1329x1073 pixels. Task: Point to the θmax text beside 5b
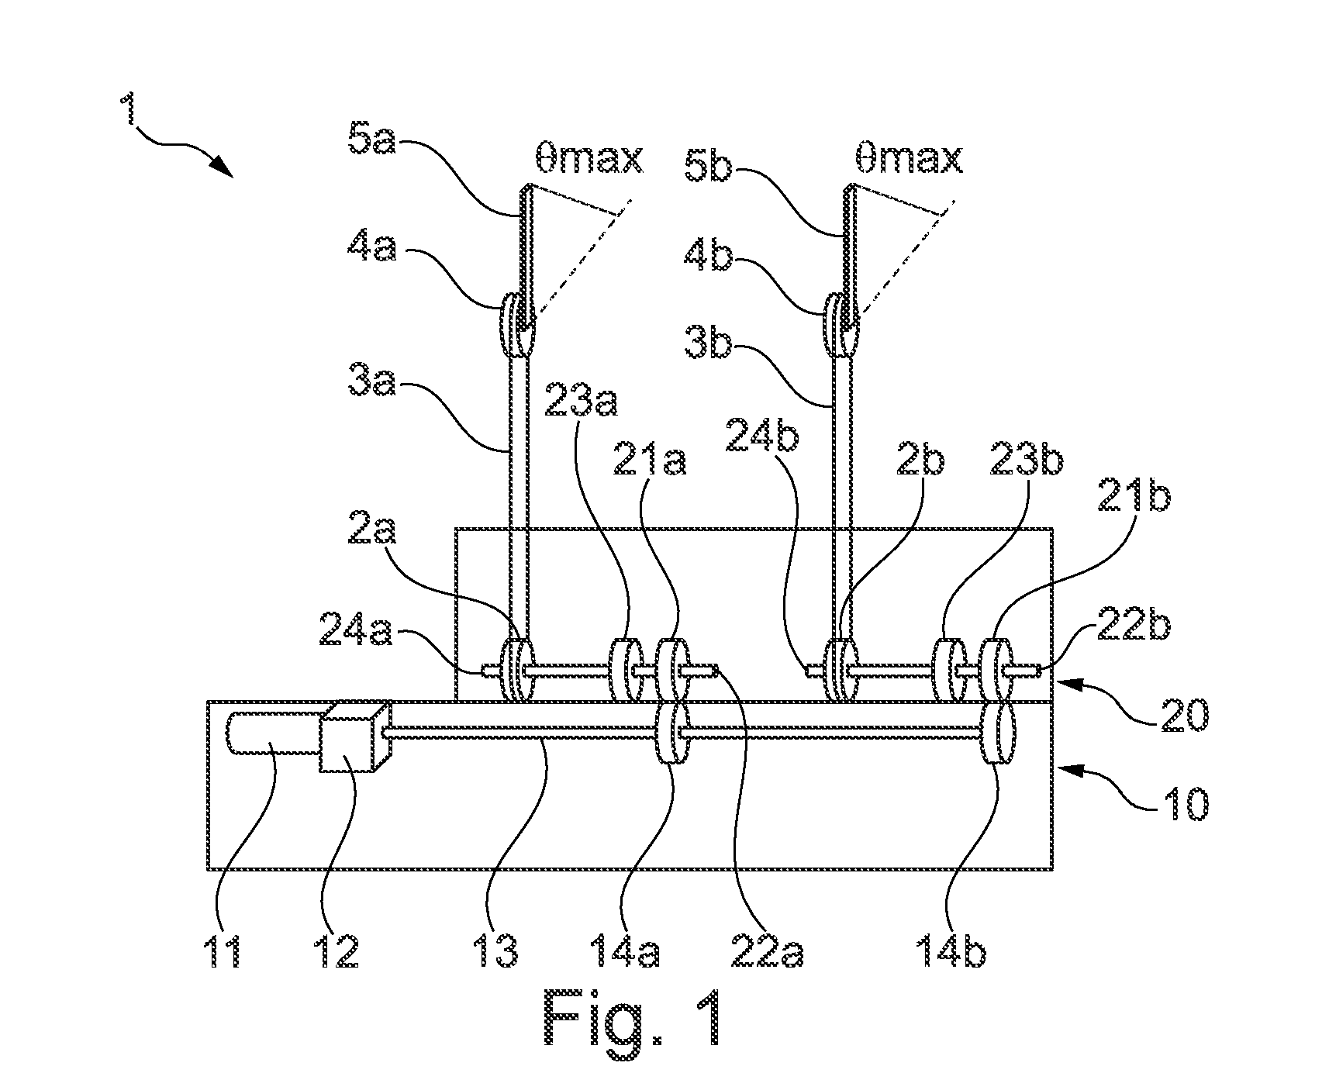pos(908,158)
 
